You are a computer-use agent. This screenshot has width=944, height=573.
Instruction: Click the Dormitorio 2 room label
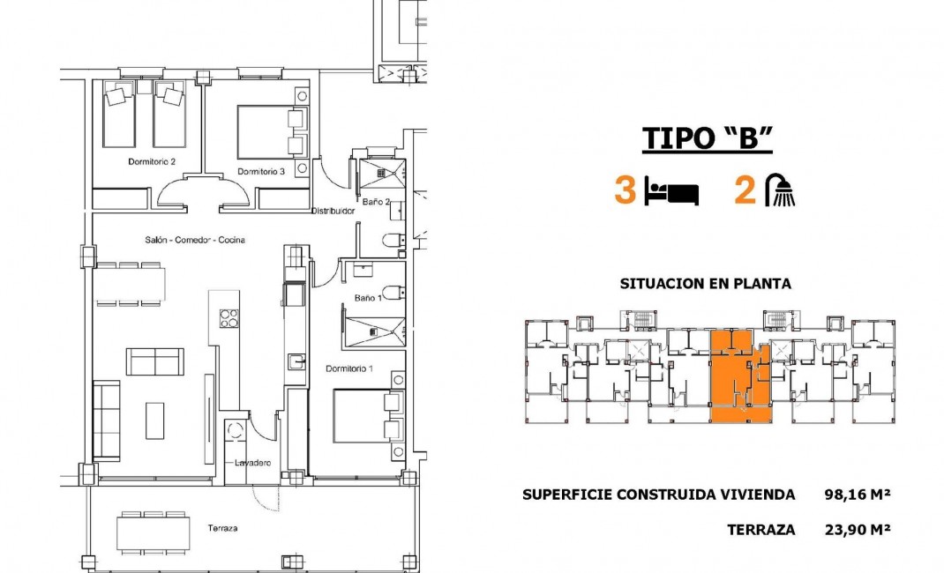(x=152, y=162)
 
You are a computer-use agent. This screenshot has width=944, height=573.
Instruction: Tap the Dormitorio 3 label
(x=260, y=172)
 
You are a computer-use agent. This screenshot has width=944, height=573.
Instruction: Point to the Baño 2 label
(x=377, y=202)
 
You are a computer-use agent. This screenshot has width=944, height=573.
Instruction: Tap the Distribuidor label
(x=333, y=212)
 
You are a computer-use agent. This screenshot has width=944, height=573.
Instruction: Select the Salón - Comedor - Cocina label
(x=195, y=240)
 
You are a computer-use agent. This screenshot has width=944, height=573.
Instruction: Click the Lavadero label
(x=251, y=463)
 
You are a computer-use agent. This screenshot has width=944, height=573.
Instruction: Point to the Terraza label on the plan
(x=222, y=529)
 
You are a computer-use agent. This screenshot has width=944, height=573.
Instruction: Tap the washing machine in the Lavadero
(x=236, y=431)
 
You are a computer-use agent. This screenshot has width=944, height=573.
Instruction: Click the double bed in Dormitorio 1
(x=366, y=417)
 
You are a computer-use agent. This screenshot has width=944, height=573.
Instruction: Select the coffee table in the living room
(x=154, y=420)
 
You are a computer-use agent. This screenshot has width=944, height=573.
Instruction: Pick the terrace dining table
(x=154, y=532)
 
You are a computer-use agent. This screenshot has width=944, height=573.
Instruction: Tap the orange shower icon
(x=780, y=190)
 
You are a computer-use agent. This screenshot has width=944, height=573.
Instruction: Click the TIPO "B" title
(x=707, y=139)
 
